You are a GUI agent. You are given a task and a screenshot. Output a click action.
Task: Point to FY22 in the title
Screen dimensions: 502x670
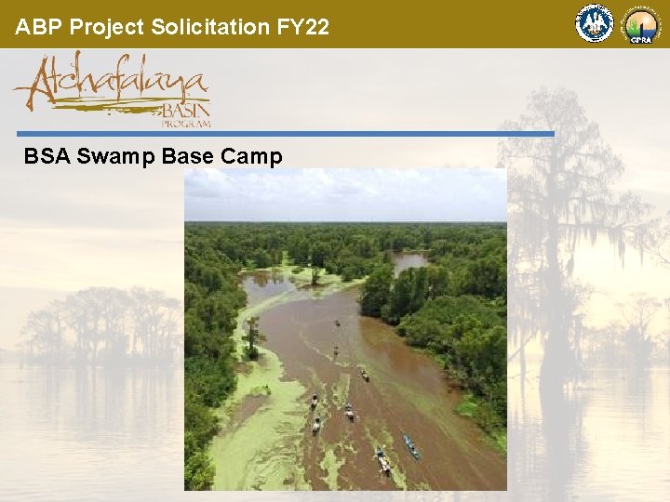(x=303, y=27)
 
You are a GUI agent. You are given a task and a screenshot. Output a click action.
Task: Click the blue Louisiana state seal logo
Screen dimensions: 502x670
(x=595, y=24)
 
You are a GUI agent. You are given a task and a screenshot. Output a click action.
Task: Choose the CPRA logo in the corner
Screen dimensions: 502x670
(x=641, y=25)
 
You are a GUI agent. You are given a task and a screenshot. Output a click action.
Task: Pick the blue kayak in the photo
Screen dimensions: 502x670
(x=410, y=447)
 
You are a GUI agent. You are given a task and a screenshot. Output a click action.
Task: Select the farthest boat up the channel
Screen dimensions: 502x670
(x=336, y=323)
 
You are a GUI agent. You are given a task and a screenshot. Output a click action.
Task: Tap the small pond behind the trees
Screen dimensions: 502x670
(x=409, y=261)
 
